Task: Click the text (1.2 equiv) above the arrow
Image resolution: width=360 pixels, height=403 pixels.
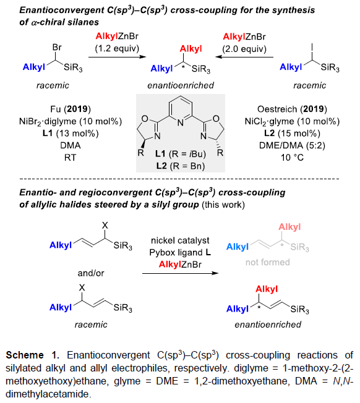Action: (117, 48)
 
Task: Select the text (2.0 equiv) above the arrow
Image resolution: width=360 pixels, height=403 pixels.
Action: (244, 49)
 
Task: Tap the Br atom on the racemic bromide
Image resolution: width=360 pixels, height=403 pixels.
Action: (57, 48)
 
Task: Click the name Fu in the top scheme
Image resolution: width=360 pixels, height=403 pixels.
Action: (55, 109)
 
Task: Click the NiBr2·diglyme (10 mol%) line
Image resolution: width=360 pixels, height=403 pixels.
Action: (71, 121)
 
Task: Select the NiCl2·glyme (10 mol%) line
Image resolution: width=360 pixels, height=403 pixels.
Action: (292, 121)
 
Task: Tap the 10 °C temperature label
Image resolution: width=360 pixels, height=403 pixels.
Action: (292, 157)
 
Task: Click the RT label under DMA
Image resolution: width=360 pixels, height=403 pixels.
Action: (70, 157)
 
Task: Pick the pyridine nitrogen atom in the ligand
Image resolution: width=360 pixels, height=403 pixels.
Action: (181, 123)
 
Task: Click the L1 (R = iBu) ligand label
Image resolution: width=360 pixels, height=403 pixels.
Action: (181, 154)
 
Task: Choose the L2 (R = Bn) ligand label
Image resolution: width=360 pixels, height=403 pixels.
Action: (181, 166)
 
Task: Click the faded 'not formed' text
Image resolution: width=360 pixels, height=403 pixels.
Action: (267, 262)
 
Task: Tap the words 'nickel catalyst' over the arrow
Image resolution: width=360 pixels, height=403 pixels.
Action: (180, 240)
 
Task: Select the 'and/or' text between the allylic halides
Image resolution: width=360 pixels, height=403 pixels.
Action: (91, 273)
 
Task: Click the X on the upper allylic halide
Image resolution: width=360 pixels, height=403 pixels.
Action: (105, 226)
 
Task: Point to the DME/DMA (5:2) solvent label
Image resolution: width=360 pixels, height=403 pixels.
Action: (292, 145)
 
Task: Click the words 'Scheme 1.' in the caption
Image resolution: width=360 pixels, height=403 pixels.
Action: (32, 355)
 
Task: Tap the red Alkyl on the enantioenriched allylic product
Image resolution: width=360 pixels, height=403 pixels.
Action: (267, 289)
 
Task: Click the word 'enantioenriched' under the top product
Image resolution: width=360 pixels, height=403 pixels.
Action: (181, 85)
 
